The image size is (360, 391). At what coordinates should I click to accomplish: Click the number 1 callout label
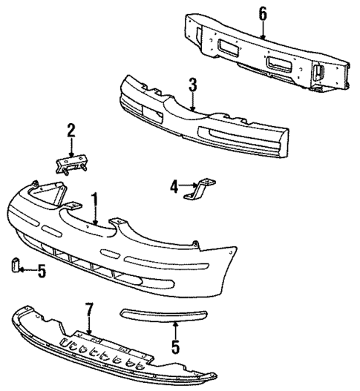[95, 200]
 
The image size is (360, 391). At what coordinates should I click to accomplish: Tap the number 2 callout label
[71, 131]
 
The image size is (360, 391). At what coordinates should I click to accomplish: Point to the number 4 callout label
[174, 188]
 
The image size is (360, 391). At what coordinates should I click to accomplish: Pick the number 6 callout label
[262, 13]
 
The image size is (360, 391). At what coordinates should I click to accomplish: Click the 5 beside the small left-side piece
[42, 272]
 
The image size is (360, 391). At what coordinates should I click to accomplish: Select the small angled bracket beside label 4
[202, 189]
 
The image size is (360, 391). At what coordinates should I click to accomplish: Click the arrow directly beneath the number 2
[71, 148]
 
